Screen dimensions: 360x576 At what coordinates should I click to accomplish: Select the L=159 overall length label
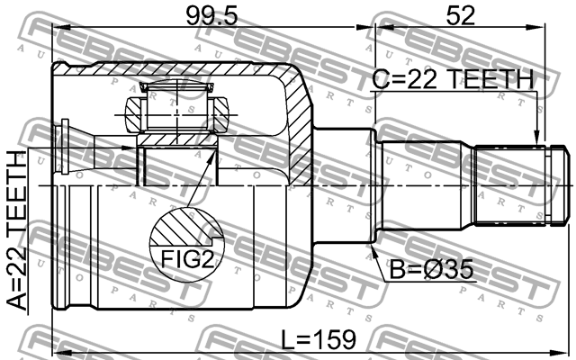coord(316,340)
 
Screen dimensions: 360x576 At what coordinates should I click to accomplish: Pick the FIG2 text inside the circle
coord(186,260)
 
